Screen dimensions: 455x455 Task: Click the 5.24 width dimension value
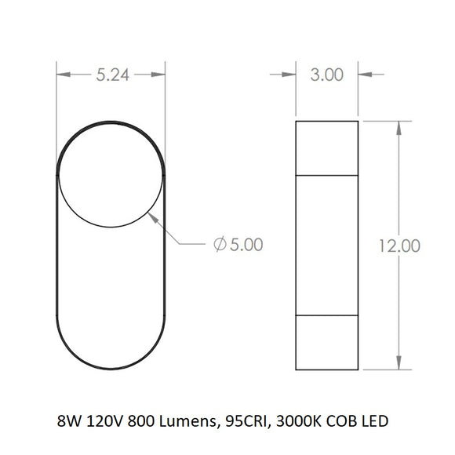pos(113,75)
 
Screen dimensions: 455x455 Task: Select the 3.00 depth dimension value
pos(327,75)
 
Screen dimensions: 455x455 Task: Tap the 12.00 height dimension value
pos(399,246)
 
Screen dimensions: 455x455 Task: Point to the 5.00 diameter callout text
pos(246,244)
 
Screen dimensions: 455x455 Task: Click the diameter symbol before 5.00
pos(220,244)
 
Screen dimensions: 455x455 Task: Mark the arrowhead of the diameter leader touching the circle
pos(153,218)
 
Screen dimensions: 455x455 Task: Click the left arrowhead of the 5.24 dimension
pos(64,75)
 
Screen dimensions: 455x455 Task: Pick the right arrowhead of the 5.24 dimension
pos(158,75)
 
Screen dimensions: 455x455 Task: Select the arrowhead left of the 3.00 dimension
pos(289,75)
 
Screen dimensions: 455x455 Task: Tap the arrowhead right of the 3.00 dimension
pos(365,75)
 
